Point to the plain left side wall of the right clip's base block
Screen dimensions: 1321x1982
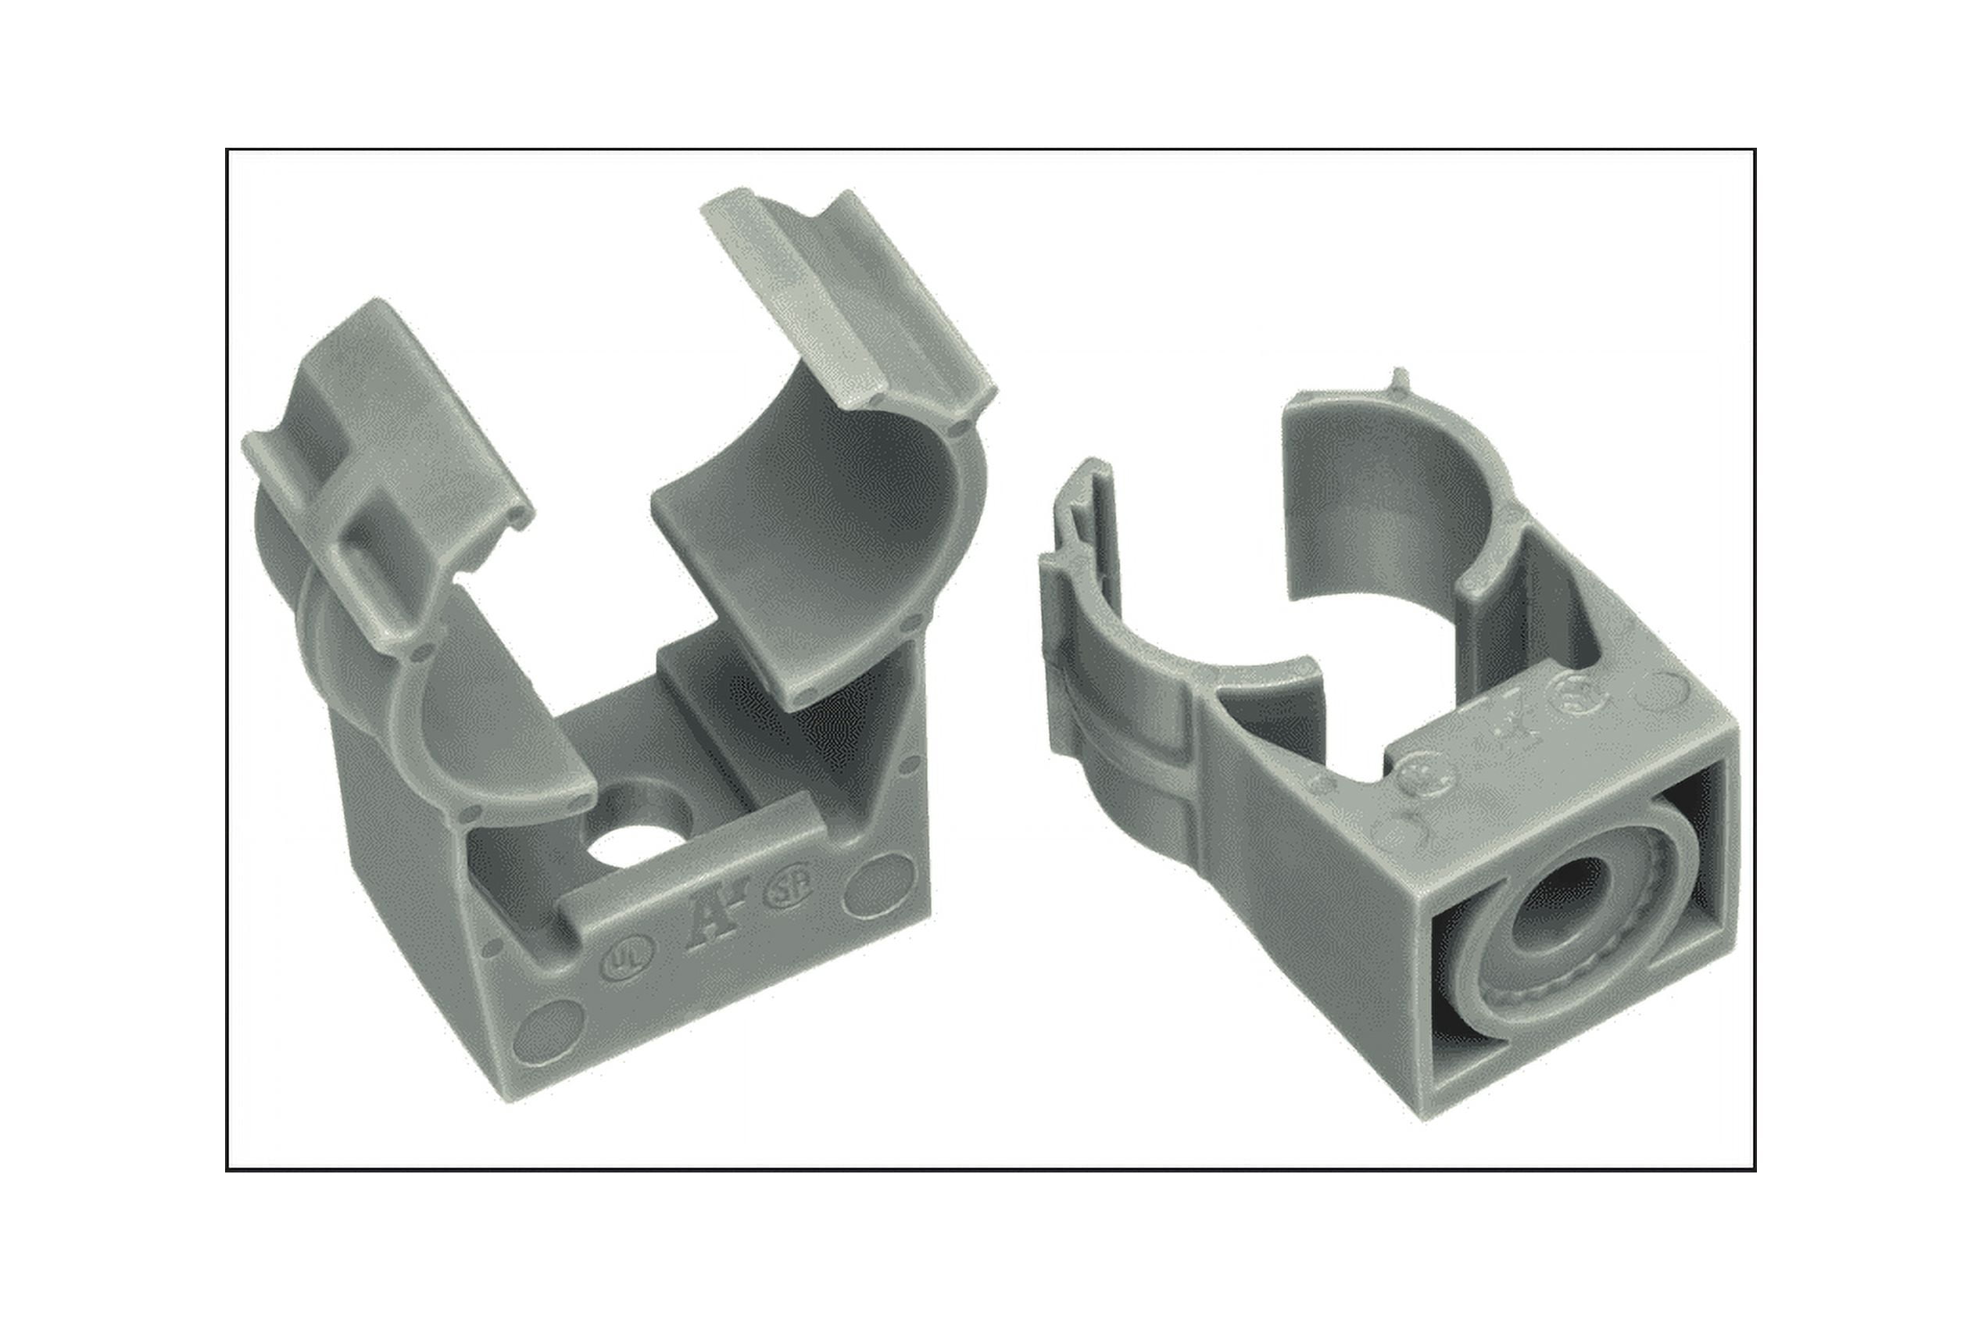1314,910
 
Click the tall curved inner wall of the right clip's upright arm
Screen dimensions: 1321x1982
1382,506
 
